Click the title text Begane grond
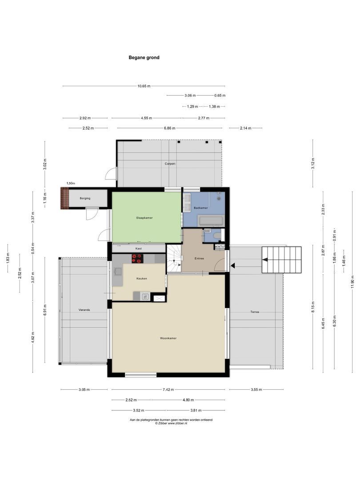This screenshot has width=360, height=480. point(144,57)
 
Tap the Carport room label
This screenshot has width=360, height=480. point(170,164)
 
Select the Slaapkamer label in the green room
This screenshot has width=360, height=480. point(144,218)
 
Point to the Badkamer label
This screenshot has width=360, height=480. point(201,208)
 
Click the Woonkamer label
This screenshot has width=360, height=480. point(168,338)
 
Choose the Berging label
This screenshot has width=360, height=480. point(85,198)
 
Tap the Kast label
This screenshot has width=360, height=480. point(138,248)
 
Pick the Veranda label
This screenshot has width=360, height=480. point(84,310)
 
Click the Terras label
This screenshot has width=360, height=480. point(254,312)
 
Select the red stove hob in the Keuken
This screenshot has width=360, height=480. point(137,258)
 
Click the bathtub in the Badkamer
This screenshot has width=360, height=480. point(212,220)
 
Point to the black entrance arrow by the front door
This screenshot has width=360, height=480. point(232,266)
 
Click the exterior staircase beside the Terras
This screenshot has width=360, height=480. point(282,260)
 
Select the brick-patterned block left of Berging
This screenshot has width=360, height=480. point(65,198)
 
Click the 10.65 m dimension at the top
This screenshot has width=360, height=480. point(144,86)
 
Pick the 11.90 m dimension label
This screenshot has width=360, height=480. point(352,281)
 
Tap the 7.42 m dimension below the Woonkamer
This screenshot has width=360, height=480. point(168,389)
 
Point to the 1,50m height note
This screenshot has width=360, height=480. point(71,183)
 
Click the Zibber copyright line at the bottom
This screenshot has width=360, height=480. point(171,424)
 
